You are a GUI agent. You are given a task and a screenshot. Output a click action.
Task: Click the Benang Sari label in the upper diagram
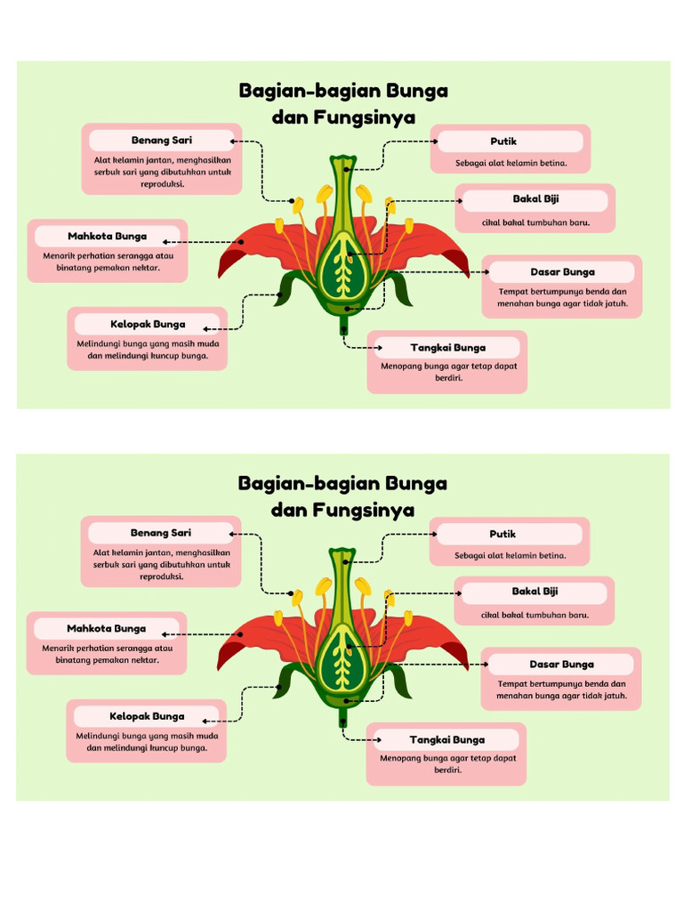pos(162,141)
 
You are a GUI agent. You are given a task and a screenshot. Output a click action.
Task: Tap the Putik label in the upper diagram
pos(503,141)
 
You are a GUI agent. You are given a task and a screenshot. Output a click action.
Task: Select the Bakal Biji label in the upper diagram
pos(535,199)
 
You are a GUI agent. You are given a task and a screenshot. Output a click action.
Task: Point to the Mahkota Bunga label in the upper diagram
pos(107,237)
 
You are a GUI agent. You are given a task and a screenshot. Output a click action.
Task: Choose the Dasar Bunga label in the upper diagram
pos(562,272)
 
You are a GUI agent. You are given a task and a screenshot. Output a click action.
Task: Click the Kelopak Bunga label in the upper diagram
pos(148,325)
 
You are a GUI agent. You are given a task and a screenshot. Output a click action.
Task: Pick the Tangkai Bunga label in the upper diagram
pos(447,348)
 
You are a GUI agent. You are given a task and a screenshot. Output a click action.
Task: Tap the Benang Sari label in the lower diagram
pos(161,533)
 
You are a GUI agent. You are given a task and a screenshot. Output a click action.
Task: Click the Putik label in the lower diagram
pos(502,535)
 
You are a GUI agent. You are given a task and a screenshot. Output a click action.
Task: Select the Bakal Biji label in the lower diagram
pos(534,592)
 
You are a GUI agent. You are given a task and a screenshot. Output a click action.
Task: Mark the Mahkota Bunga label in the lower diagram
pos(106,629)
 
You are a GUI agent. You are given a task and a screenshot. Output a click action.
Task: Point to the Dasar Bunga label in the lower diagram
pos(561,665)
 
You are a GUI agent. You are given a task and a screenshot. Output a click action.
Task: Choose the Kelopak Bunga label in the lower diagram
pos(147,717)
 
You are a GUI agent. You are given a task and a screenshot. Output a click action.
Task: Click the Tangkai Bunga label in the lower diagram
pos(446,740)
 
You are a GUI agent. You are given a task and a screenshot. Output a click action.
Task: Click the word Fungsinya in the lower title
pos(364,511)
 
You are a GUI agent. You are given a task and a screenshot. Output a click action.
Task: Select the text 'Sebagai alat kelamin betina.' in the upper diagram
pos(510,163)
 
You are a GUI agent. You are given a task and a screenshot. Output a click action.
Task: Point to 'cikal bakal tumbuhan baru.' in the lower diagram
pos(534,615)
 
